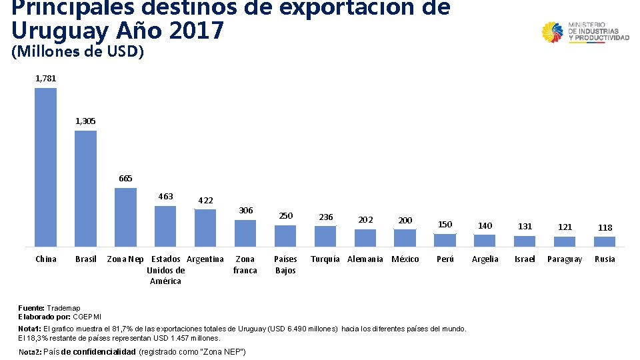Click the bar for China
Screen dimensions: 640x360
click(x=46, y=167)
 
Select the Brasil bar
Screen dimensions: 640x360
click(x=86, y=189)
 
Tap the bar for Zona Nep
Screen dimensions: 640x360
click(x=126, y=217)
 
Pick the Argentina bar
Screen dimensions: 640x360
click(x=205, y=228)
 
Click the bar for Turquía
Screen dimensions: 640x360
click(x=325, y=236)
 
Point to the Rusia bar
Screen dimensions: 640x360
click(x=605, y=241)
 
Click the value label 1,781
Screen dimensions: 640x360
click(x=46, y=79)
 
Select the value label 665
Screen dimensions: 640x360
click(x=126, y=179)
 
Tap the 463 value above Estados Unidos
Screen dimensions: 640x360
click(x=166, y=196)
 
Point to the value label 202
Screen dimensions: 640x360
click(x=366, y=219)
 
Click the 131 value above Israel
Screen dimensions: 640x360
click(x=525, y=226)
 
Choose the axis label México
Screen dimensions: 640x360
click(x=405, y=259)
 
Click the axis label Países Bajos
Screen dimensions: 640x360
click(x=285, y=265)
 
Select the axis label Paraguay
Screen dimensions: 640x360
click(x=565, y=259)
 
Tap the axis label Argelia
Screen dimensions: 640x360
click(x=485, y=259)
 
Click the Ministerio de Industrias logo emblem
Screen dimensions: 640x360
click(x=552, y=32)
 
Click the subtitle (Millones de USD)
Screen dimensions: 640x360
click(x=77, y=51)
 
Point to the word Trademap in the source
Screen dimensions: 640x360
click(x=63, y=308)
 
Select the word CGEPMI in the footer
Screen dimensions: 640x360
click(x=87, y=317)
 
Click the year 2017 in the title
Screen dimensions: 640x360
click(x=196, y=30)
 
